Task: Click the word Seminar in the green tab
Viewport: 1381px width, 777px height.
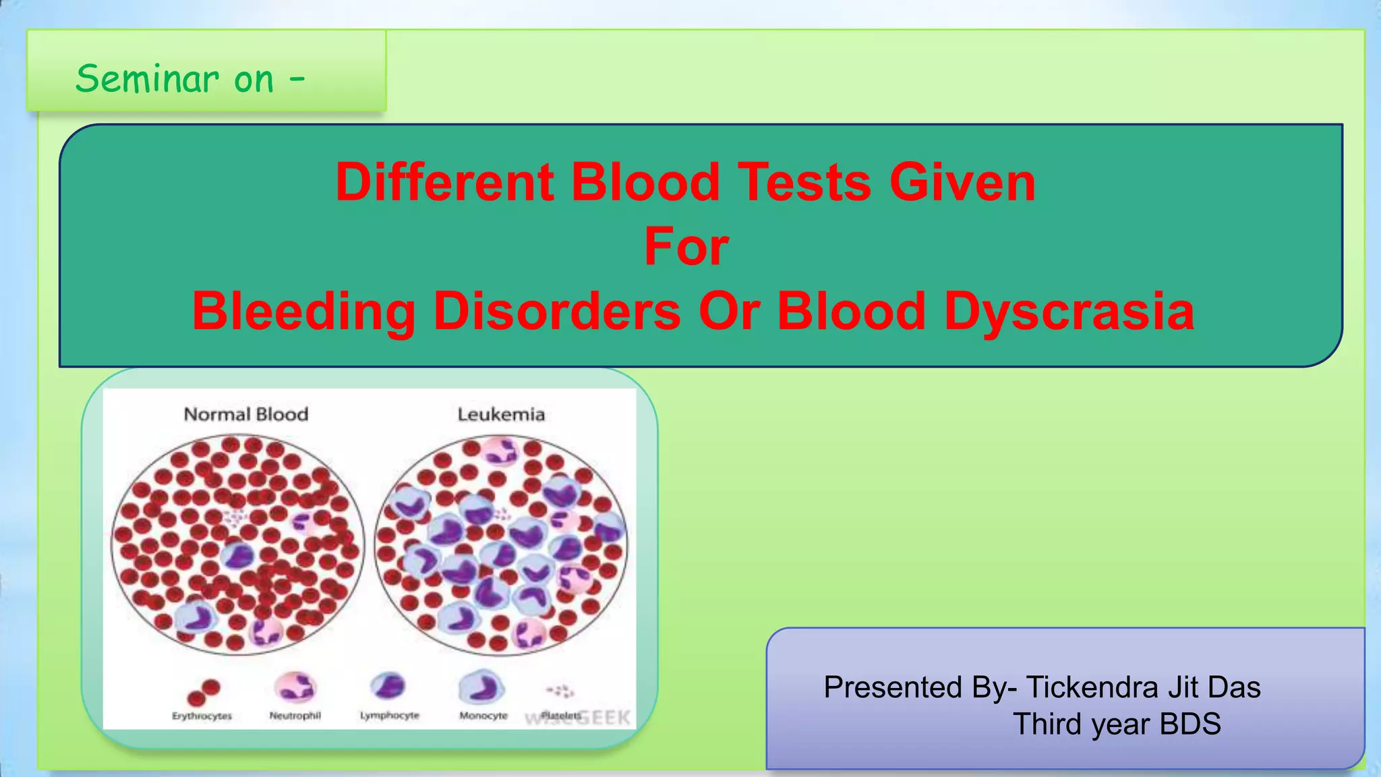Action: pyautogui.click(x=147, y=79)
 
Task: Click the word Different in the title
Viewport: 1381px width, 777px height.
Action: pyautogui.click(x=444, y=182)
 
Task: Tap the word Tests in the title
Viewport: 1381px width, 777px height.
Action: pyautogui.click(x=804, y=182)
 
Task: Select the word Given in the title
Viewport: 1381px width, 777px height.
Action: pyautogui.click(x=962, y=182)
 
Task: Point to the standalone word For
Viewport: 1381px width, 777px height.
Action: pyautogui.click(x=686, y=247)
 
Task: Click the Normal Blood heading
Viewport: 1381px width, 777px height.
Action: pyautogui.click(x=246, y=414)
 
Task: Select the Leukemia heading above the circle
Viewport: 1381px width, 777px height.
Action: pyautogui.click(x=501, y=414)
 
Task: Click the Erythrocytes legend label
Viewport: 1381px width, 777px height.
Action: pyautogui.click(x=202, y=716)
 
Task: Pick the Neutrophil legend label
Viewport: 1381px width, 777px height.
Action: pyautogui.click(x=295, y=716)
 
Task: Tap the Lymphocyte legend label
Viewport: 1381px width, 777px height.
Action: pyautogui.click(x=389, y=716)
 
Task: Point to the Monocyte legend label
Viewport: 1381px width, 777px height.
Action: pyautogui.click(x=483, y=716)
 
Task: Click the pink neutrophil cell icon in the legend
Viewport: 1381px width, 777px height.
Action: pyautogui.click(x=295, y=687)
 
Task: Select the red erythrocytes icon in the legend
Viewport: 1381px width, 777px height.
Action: pyautogui.click(x=203, y=692)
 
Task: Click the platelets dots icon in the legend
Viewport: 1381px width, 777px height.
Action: pyautogui.click(x=560, y=691)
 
